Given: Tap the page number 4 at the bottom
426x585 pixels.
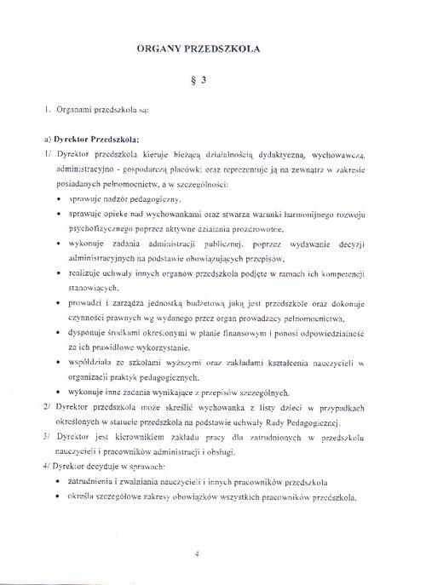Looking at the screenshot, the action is [x=196, y=554].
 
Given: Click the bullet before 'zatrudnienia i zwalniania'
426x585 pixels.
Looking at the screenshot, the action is [x=57, y=482].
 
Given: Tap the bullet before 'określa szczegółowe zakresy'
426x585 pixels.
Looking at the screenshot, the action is [x=57, y=497].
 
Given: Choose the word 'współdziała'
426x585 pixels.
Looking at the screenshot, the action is [x=90, y=363].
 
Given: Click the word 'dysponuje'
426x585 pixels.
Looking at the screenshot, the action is [x=88, y=334].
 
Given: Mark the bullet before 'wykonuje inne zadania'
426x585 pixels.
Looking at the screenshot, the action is [x=57, y=393].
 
